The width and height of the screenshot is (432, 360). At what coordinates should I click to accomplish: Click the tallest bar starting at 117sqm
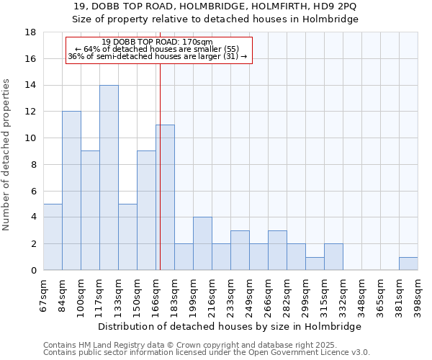click(109, 178)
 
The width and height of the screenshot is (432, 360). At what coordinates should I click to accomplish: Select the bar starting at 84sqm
click(71, 191)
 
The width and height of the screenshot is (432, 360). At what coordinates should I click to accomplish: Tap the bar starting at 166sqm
click(165, 197)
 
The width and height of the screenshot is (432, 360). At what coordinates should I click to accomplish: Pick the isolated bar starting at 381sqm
click(408, 264)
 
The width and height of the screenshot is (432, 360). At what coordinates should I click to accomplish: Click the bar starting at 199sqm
click(202, 243)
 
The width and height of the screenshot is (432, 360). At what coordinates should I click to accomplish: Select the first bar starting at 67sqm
click(53, 237)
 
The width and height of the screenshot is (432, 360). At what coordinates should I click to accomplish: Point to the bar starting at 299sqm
click(315, 264)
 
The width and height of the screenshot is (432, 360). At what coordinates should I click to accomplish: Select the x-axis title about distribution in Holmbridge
click(230, 326)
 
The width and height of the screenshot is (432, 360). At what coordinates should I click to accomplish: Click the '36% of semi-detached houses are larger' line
click(157, 56)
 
